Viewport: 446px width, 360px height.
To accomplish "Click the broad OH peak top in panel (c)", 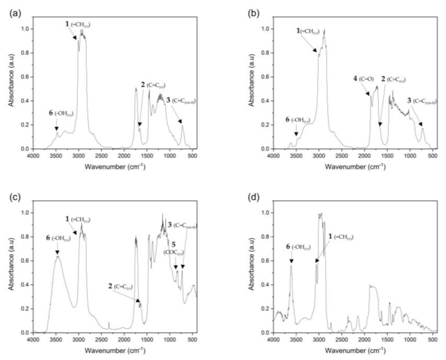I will tap(57, 257).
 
